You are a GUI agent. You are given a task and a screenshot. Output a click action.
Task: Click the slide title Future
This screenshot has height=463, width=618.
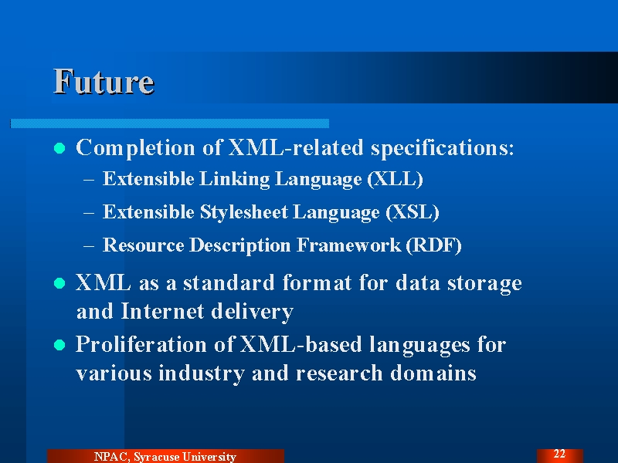104,82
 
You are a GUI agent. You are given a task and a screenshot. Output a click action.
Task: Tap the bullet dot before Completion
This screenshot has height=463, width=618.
59,148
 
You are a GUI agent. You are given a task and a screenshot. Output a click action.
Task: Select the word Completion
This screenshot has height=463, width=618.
135,149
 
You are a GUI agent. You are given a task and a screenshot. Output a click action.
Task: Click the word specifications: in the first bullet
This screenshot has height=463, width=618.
443,149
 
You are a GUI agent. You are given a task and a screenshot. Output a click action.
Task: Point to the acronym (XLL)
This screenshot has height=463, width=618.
395,179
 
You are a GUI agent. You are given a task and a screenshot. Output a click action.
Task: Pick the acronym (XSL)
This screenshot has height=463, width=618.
413,212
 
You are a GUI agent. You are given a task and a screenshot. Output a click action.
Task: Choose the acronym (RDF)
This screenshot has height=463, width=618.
433,245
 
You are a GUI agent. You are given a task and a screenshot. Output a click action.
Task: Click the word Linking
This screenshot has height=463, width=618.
235,179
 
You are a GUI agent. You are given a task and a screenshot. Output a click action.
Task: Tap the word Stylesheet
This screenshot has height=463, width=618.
244,212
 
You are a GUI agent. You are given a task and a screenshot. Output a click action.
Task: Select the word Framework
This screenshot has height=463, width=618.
349,245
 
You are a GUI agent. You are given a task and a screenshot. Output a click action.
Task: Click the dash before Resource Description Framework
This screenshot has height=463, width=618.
89,246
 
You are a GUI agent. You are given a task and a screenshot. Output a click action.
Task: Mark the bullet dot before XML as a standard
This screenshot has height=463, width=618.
59,283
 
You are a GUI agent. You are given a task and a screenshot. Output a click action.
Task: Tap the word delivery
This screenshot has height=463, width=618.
253,312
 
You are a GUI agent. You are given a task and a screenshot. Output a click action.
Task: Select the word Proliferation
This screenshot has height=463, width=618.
141,344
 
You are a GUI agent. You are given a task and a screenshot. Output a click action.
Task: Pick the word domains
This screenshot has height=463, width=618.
433,373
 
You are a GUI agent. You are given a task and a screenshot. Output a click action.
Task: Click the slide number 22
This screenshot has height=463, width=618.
559,454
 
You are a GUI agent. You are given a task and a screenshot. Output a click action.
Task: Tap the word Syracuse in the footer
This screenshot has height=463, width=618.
156,457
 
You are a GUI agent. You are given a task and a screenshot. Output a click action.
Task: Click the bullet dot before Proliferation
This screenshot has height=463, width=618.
59,345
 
